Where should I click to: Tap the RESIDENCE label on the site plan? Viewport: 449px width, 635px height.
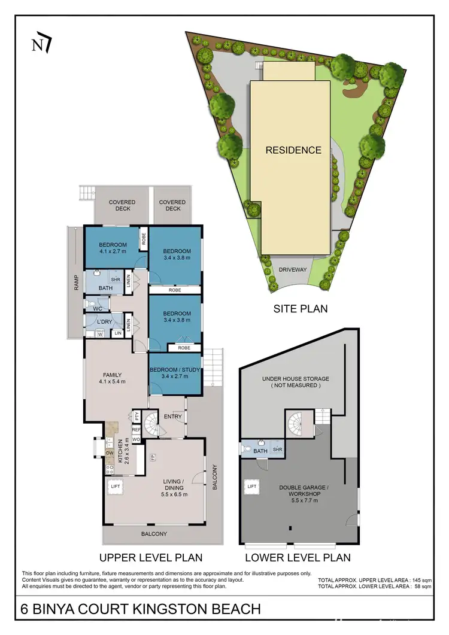pyautogui.click(x=293, y=150)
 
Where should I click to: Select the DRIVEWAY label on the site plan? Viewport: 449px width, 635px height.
pyautogui.click(x=293, y=270)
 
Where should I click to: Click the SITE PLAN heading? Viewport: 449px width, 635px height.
pyautogui.click(x=300, y=309)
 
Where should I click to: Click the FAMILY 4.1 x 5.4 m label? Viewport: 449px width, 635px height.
pyautogui.click(x=113, y=379)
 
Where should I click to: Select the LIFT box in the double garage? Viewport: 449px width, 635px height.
pyautogui.click(x=252, y=487)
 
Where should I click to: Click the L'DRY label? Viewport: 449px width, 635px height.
pyautogui.click(x=105, y=322)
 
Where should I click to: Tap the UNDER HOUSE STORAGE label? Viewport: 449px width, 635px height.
pyautogui.click(x=295, y=382)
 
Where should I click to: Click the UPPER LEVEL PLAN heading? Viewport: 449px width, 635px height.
pyautogui.click(x=151, y=557)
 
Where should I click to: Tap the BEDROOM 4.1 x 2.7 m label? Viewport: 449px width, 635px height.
pyautogui.click(x=113, y=248)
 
